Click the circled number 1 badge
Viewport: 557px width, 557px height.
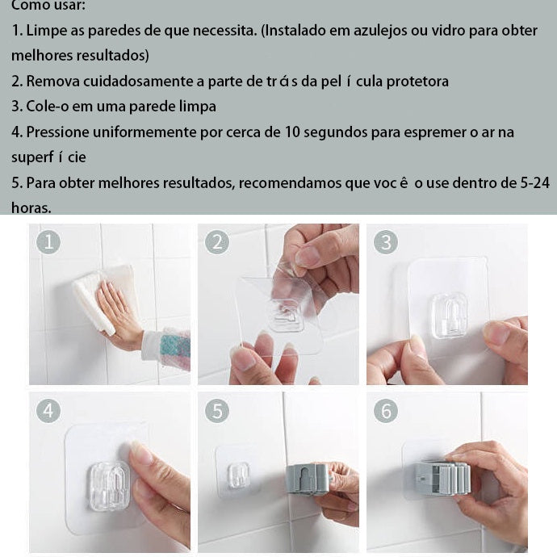click(x=48, y=242)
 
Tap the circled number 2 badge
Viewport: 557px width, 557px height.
click(x=217, y=242)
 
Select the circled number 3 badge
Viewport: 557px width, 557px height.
click(x=386, y=242)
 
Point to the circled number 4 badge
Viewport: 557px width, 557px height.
click(x=48, y=411)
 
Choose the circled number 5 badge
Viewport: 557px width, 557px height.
click(x=217, y=411)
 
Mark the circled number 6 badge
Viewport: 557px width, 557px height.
click(x=386, y=411)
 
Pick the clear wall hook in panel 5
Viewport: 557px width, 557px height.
click(x=238, y=475)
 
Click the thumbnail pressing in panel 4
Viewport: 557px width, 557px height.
click(x=141, y=453)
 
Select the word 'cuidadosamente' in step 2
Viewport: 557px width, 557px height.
click(x=140, y=82)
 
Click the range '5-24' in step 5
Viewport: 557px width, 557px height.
click(x=535, y=183)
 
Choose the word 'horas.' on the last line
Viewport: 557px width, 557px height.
click(x=31, y=207)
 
